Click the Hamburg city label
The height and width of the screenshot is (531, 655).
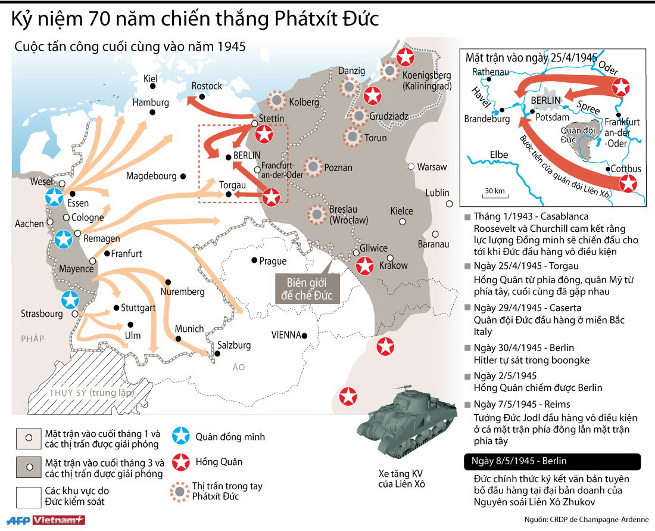point(151,102)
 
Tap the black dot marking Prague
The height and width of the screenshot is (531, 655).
point(254,260)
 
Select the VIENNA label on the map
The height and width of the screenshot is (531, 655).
point(286,335)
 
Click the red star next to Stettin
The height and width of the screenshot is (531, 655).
point(264,135)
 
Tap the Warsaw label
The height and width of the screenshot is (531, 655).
point(432,167)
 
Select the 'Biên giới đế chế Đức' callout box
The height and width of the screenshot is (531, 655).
point(306,288)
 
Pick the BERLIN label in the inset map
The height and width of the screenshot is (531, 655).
point(546,100)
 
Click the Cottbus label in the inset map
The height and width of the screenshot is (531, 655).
point(626,169)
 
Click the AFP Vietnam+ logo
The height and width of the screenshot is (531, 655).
point(43,520)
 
